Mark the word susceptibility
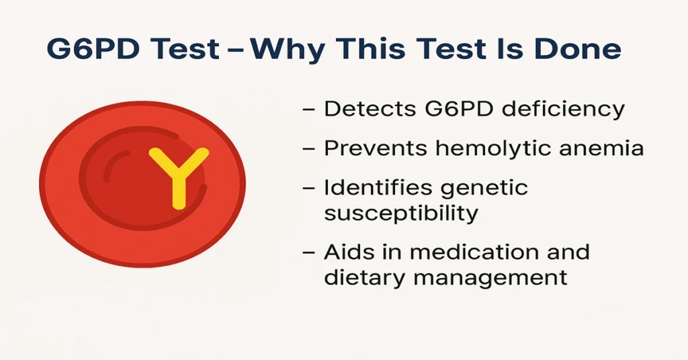tap(401, 214)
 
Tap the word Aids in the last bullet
tap(347, 253)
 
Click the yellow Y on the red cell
tap(178, 176)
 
